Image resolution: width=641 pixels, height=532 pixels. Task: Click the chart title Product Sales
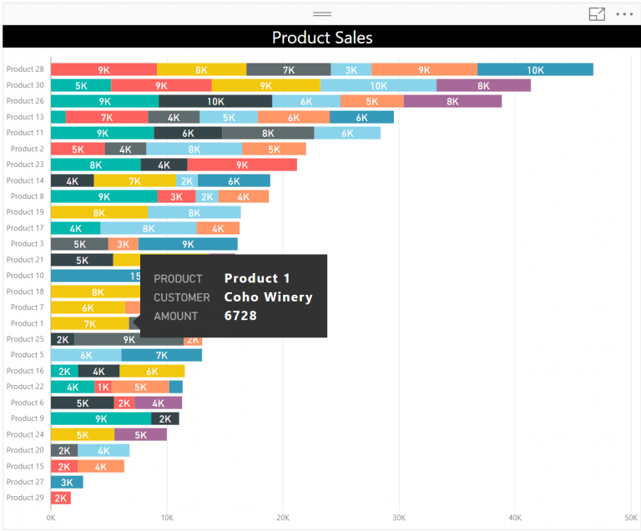(x=322, y=38)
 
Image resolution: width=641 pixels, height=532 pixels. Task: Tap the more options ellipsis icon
(x=624, y=14)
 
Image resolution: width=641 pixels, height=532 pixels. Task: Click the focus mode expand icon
(x=597, y=14)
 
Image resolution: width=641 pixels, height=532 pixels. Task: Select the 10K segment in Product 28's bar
(x=535, y=70)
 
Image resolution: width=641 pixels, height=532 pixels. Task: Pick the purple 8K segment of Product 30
(x=483, y=85)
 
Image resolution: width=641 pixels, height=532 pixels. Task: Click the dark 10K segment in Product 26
(x=215, y=101)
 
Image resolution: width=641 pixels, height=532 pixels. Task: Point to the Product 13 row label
(x=25, y=117)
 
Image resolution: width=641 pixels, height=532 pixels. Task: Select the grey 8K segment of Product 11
(x=268, y=133)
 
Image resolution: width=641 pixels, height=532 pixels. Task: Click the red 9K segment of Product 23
(x=242, y=165)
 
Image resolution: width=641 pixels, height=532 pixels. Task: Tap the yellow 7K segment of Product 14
(x=135, y=180)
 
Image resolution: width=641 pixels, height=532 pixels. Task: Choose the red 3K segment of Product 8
(x=177, y=196)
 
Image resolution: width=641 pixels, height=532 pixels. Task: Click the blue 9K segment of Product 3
(x=188, y=244)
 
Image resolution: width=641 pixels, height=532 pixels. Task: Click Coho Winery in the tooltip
(x=268, y=297)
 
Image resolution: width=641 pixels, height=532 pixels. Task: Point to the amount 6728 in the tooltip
(x=240, y=316)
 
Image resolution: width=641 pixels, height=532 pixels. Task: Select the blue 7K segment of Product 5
(x=162, y=355)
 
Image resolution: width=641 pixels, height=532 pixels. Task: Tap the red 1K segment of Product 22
(x=103, y=387)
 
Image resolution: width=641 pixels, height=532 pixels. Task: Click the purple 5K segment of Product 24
(x=140, y=434)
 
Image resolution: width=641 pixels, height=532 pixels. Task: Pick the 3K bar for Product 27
(x=67, y=482)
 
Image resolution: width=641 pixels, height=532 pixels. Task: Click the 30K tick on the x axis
(x=398, y=518)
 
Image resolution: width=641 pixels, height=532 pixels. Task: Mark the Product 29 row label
(x=25, y=498)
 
